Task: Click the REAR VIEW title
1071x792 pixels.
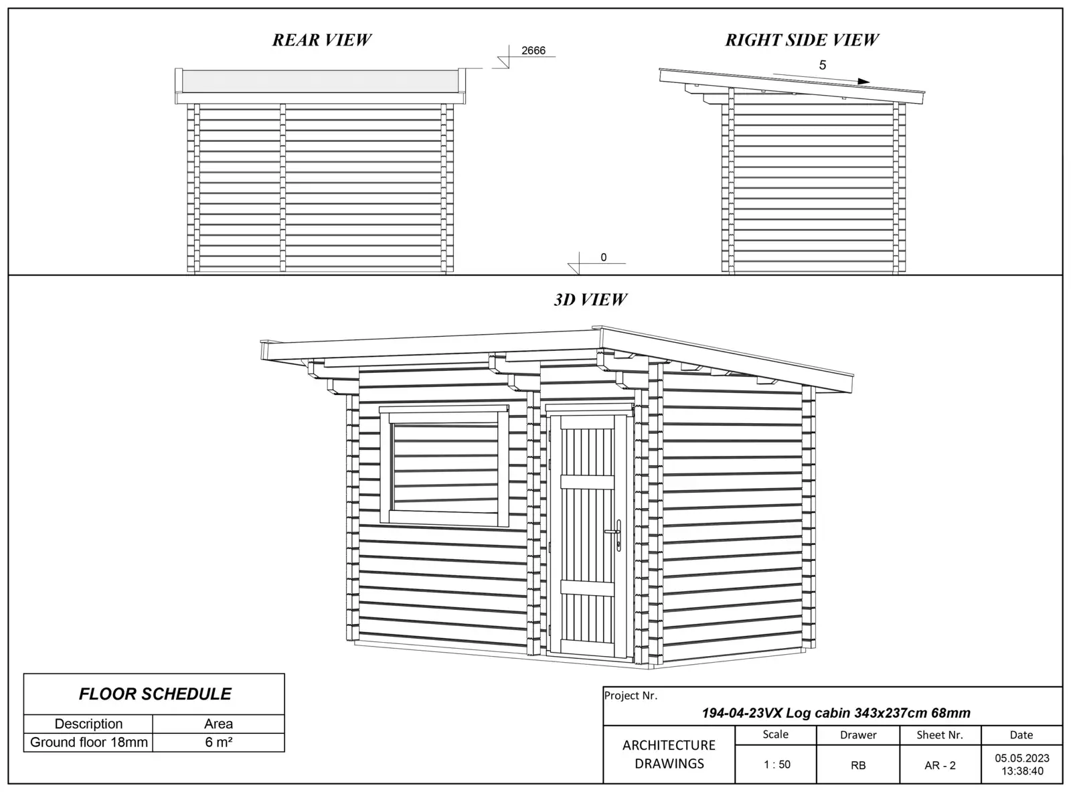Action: click(321, 40)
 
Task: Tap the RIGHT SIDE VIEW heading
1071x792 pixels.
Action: click(802, 40)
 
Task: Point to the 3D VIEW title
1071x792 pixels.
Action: click(590, 300)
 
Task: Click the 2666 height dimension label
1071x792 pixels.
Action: click(533, 51)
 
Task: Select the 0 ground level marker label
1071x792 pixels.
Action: click(603, 257)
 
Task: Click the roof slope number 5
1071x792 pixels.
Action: click(823, 65)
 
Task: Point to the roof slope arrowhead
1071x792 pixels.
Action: click(864, 82)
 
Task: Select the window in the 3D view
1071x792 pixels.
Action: click(443, 467)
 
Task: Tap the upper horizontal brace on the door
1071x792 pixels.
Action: click(587, 482)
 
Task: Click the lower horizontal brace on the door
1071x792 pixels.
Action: click(587, 588)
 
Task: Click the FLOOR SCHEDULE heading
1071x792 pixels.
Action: click(155, 694)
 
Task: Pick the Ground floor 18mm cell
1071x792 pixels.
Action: click(88, 742)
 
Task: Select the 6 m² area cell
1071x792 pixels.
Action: click(218, 742)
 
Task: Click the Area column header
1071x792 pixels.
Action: click(218, 724)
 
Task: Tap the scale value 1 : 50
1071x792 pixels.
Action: click(776, 765)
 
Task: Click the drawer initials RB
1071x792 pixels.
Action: click(858, 765)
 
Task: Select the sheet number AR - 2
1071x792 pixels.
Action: click(940, 765)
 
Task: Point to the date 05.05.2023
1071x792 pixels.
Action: click(1021, 759)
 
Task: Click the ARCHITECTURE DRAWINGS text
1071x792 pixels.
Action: click(669, 755)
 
